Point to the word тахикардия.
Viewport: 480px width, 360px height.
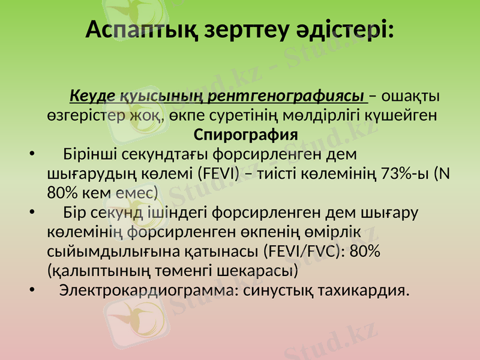356,290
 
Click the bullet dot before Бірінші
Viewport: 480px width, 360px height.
31,154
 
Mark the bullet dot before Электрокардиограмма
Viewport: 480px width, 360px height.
31,290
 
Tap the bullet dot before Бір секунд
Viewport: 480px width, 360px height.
31,212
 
